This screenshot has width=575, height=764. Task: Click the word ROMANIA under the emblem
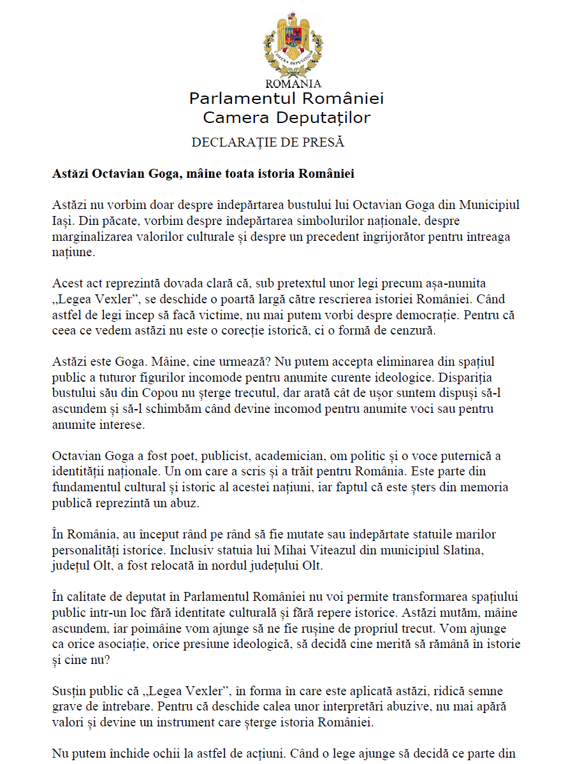click(293, 83)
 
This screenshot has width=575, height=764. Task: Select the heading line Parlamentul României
click(286, 99)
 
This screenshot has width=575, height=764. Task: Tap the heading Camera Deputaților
click(286, 118)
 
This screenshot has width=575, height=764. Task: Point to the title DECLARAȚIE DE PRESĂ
click(268, 142)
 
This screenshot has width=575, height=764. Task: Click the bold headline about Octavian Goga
click(203, 174)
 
